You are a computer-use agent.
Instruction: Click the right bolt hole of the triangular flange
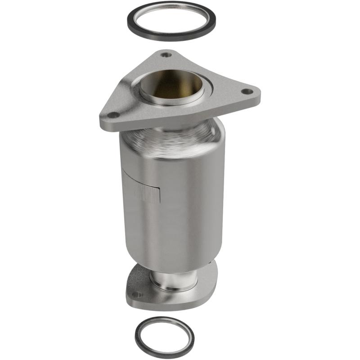pyautogui.click(x=245, y=91)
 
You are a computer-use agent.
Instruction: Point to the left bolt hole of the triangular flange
pyautogui.click(x=115, y=115)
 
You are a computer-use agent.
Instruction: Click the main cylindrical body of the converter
pyautogui.click(x=189, y=202)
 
